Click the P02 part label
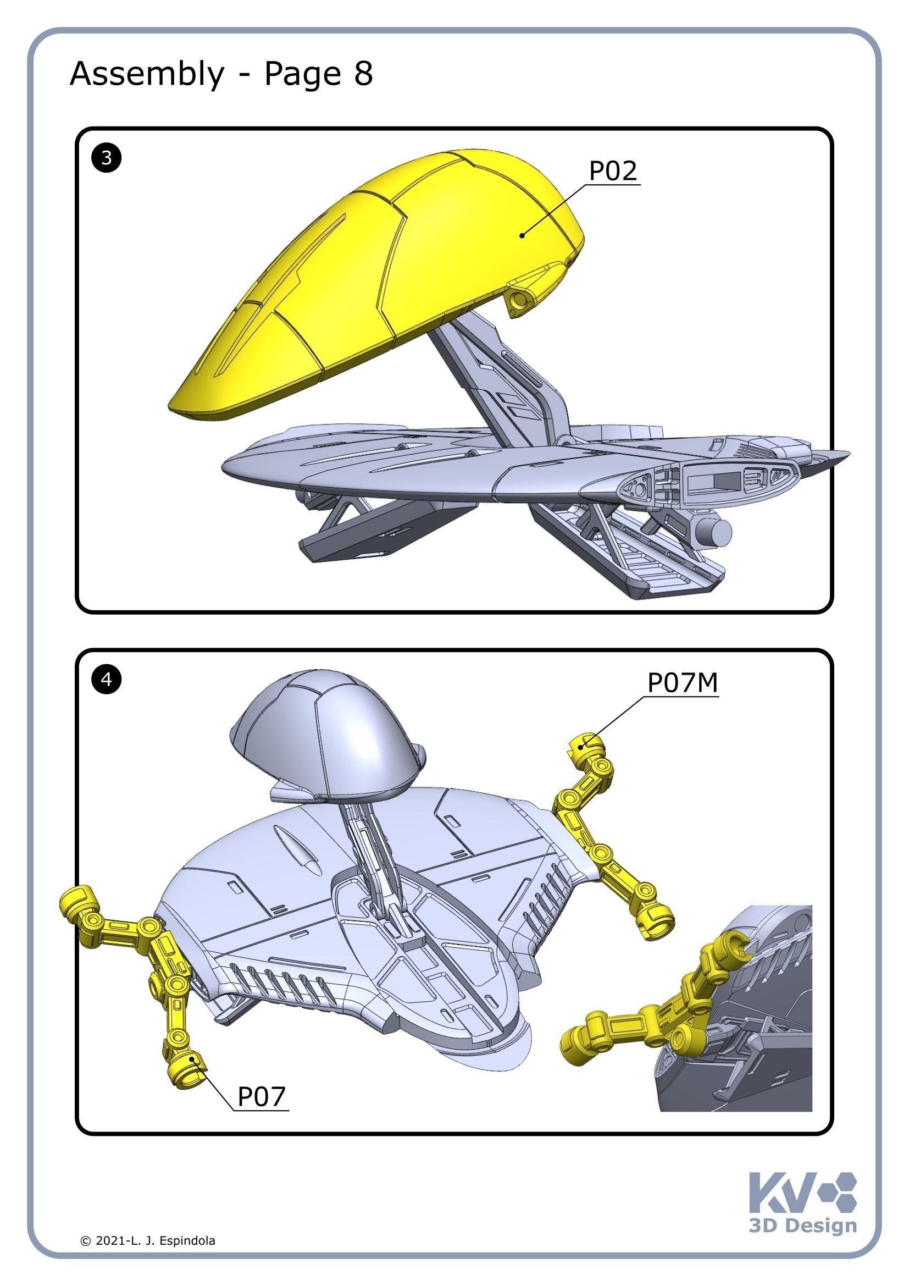pos(612,170)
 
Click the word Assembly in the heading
pos(147,74)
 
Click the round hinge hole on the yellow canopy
pos(520,300)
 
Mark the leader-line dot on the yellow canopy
pos(522,235)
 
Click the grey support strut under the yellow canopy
pos(492,369)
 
